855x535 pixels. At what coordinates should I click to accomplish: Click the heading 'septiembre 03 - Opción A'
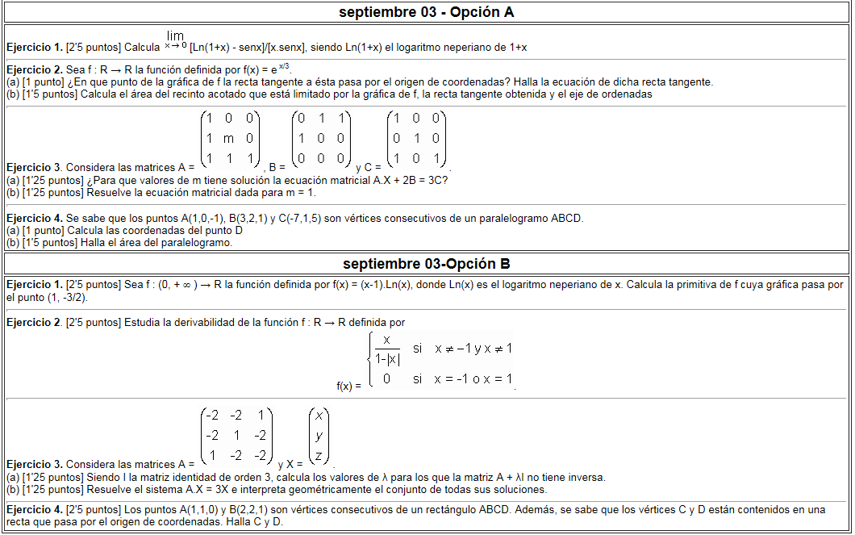tap(427, 12)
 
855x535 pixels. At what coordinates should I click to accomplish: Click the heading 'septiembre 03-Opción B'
tap(427, 264)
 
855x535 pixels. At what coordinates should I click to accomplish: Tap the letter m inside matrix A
tap(229, 139)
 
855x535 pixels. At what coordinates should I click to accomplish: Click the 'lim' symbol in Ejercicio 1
tap(175, 36)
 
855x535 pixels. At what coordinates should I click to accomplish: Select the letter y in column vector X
tap(319, 436)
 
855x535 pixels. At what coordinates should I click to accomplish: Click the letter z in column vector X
tap(319, 456)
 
